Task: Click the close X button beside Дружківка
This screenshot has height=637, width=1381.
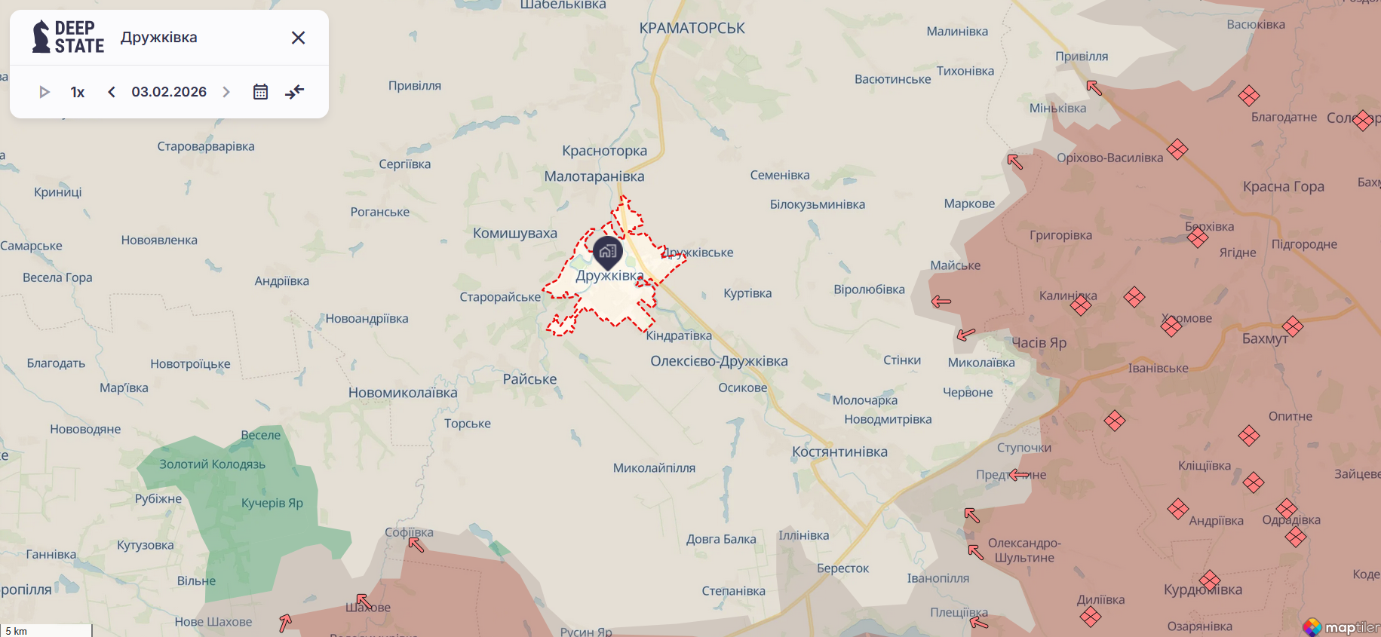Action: (298, 38)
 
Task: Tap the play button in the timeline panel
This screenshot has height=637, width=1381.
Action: (44, 92)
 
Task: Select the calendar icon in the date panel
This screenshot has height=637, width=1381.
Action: (260, 92)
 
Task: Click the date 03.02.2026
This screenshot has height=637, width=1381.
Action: (169, 92)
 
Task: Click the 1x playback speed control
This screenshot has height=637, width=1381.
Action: (78, 92)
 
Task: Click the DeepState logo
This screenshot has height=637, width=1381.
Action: (68, 37)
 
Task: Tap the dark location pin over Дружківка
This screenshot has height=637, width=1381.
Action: (608, 252)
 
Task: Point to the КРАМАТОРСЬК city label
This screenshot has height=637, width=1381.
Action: (692, 29)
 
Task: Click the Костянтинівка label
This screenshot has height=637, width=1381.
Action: (839, 452)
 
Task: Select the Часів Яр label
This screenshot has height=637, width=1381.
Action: (1039, 343)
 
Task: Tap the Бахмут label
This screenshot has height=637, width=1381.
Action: (1265, 339)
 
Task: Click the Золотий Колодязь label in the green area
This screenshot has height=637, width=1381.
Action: (212, 464)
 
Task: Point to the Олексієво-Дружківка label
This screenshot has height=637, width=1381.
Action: (719, 361)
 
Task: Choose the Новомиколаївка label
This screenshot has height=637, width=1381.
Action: (403, 393)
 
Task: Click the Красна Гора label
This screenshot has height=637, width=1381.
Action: (1283, 187)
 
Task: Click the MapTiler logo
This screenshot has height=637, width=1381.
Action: (1341, 627)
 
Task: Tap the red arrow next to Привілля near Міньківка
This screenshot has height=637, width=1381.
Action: (1094, 87)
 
